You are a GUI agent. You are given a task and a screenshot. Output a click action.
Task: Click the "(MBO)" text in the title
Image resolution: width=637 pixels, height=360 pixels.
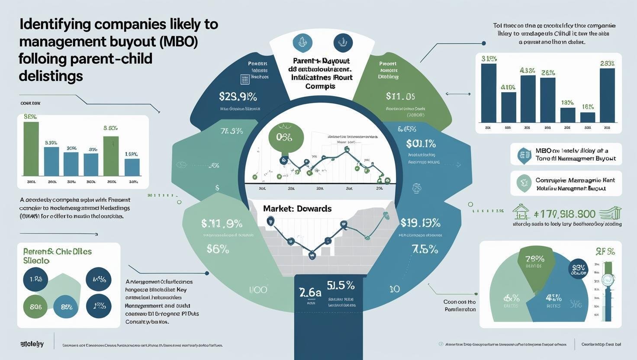[179, 42]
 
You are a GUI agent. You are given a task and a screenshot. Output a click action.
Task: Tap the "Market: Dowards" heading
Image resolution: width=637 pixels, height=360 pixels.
[297, 209]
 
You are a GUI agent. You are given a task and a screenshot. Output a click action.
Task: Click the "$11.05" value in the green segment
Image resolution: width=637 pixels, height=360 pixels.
[400, 96]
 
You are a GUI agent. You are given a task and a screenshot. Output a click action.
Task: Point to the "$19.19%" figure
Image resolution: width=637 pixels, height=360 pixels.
[420, 223]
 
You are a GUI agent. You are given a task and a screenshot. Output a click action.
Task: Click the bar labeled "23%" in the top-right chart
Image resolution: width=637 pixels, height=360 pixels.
[607, 95]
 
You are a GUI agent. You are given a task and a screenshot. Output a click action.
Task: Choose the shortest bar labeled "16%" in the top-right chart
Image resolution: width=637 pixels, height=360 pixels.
[587, 117]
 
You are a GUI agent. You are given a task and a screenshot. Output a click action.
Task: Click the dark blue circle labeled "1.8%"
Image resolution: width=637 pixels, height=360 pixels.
[35, 279]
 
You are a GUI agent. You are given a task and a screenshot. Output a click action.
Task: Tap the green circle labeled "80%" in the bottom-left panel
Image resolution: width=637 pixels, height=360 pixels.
[35, 307]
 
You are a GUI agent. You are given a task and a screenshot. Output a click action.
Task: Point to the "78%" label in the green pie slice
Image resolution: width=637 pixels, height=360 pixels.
[534, 259]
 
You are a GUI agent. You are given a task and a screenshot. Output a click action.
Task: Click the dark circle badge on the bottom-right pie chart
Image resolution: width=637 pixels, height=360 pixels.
[578, 270]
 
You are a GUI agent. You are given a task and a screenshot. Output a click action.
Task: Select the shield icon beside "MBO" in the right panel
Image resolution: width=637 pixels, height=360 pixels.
[524, 155]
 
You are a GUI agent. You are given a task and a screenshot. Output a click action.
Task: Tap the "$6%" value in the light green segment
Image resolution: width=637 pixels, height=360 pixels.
[218, 249]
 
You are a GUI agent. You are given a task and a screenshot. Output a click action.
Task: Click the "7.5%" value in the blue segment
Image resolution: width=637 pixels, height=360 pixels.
[425, 250]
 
